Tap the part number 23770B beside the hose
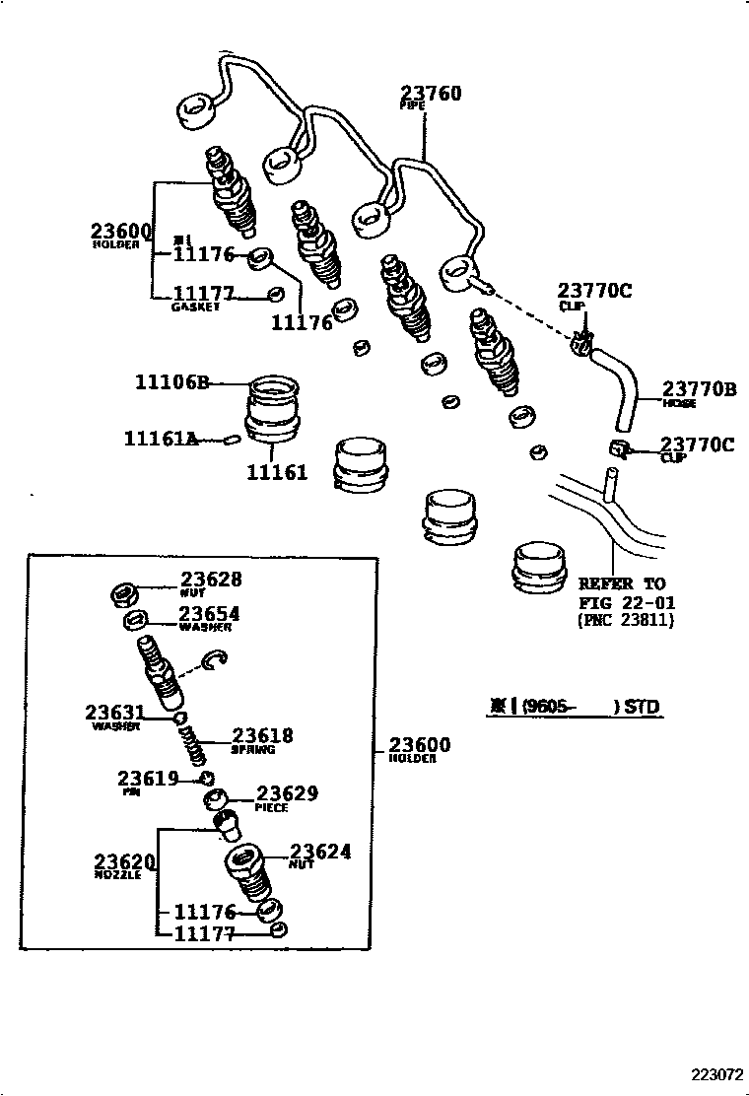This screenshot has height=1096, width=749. pos(698,389)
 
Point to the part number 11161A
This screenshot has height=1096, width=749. pos(161,438)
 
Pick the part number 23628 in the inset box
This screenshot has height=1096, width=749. pos(210,581)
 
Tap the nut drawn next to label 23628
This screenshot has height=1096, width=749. pos(122,594)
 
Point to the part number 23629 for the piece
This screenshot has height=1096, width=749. pos(288,793)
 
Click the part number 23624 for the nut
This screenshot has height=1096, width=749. pos(319,853)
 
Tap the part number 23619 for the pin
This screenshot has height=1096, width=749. pos(148,778)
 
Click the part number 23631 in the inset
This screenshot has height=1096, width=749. pos(114,713)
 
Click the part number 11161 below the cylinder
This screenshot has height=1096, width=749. pos(277,472)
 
